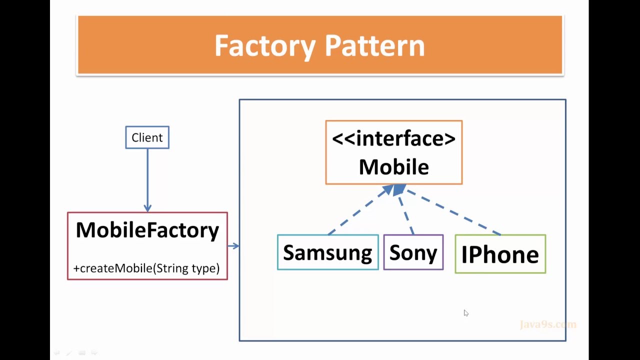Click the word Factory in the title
pyautogui.click(x=265, y=46)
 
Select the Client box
pyautogui.click(x=147, y=137)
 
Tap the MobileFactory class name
pyautogui.click(x=147, y=230)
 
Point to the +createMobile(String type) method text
pyautogui.click(x=146, y=268)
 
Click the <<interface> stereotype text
pyautogui.click(x=393, y=138)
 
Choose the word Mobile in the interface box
pyautogui.click(x=393, y=167)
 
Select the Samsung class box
pyautogui.click(x=327, y=252)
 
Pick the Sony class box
pyautogui.click(x=413, y=252)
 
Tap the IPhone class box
pyautogui.click(x=500, y=254)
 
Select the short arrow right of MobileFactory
pyautogui.click(x=233, y=245)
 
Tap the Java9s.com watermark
pyautogui.click(x=548, y=324)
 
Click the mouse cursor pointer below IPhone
pyautogui.click(x=466, y=313)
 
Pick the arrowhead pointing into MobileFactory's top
pyautogui.click(x=147, y=207)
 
